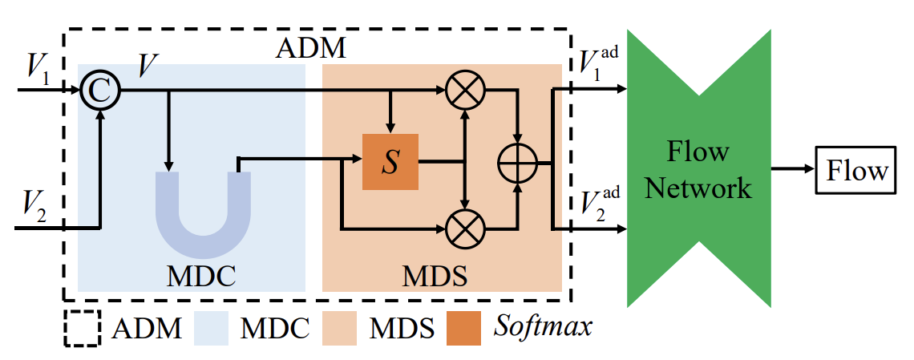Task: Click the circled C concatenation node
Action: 99,90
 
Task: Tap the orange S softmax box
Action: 390,162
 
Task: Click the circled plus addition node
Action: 519,163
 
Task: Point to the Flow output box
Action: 857,171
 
